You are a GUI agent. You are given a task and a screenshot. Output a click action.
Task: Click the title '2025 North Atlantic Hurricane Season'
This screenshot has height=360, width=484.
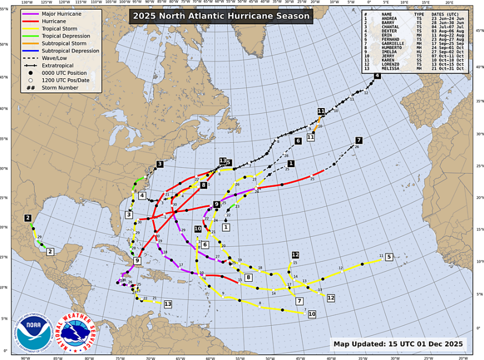click(x=219, y=16)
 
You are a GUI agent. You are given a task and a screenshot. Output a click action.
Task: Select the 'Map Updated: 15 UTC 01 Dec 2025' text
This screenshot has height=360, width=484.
click(x=398, y=344)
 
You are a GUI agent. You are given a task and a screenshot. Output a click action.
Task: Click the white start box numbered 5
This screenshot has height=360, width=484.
click(x=388, y=257)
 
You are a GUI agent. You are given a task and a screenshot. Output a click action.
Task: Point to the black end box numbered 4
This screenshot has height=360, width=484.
click(x=377, y=76)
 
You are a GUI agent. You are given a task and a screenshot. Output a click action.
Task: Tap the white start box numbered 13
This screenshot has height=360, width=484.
click(x=168, y=304)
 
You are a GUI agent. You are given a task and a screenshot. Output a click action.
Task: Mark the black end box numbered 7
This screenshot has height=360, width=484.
click(x=358, y=140)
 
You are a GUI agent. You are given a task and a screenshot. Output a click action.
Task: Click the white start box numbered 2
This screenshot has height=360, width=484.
click(x=50, y=252)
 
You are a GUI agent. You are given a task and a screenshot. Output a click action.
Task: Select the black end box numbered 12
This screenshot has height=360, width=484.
click(x=295, y=255)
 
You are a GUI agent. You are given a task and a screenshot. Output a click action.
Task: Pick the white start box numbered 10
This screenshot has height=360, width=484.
click(x=311, y=314)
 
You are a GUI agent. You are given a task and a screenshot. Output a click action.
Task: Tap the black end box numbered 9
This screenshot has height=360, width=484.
click(x=217, y=204)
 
